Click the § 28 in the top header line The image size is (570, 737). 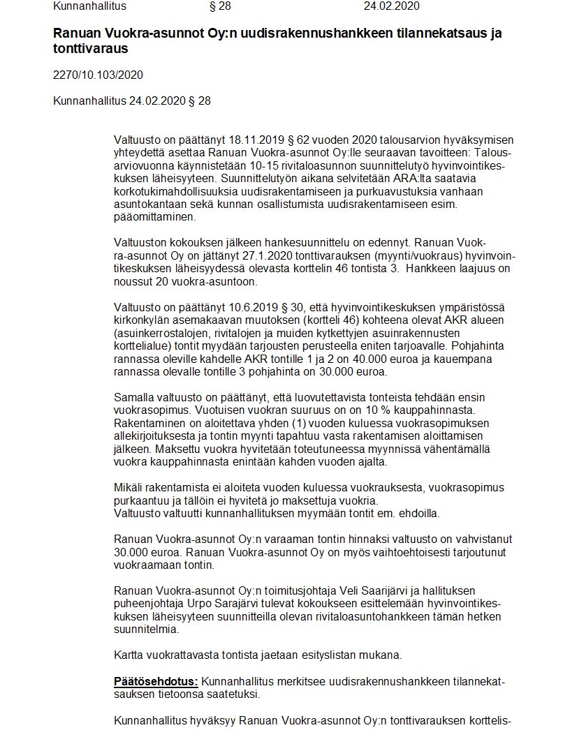[219, 7]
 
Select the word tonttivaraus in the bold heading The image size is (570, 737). [91, 50]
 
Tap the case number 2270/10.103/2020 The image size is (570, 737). [98, 75]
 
